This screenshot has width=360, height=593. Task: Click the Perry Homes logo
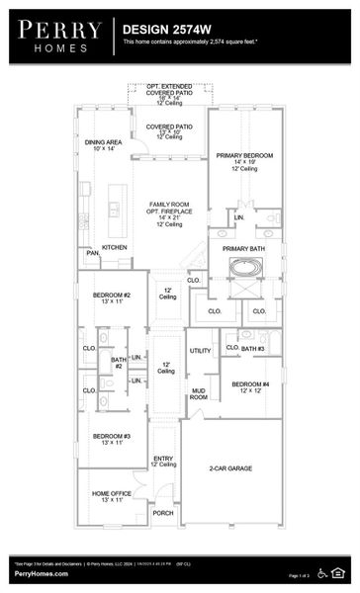tap(58, 36)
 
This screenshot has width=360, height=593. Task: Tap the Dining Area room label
tap(103, 145)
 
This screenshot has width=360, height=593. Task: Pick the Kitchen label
tap(115, 247)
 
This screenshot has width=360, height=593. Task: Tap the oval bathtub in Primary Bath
tap(244, 267)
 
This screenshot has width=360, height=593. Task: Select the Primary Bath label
tap(243, 248)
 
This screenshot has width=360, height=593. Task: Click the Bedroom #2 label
tap(112, 298)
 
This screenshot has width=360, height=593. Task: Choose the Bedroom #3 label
tap(112, 439)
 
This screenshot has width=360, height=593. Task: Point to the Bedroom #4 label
tap(251, 386)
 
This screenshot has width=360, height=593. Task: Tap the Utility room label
tap(200, 351)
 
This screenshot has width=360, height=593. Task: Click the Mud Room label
tap(198, 393)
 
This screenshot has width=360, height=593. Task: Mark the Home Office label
tap(111, 496)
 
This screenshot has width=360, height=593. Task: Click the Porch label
tap(163, 513)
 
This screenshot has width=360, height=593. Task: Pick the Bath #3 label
tap(253, 349)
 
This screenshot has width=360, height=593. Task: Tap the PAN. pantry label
tap(92, 253)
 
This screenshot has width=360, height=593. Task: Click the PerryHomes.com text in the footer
tap(41, 574)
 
